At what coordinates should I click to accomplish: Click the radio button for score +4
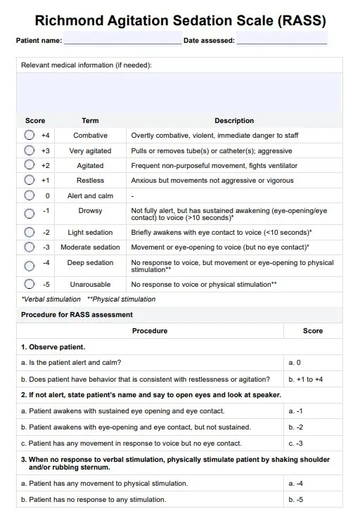tap(29, 135)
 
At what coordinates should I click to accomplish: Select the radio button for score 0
tap(29, 196)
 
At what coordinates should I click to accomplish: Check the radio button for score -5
tap(29, 285)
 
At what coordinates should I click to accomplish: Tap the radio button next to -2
tap(29, 232)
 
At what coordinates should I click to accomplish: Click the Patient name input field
tap(122, 40)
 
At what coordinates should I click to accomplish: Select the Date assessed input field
tap(282, 40)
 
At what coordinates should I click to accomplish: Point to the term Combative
tap(90, 136)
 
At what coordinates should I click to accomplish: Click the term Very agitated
tap(90, 151)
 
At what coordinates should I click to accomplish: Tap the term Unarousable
tap(90, 285)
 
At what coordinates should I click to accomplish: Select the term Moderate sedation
tap(90, 247)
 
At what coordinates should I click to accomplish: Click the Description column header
tap(234, 121)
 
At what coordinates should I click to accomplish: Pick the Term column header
tap(90, 121)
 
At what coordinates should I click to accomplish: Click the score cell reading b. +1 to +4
tap(306, 379)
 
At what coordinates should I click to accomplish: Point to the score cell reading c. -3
tap(296, 444)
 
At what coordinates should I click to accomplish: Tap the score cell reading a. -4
tap(296, 484)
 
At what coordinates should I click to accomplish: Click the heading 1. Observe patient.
tap(53, 347)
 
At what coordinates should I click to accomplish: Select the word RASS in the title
tap(302, 20)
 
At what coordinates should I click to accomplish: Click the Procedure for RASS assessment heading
tap(77, 315)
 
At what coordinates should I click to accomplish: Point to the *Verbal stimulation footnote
tap(51, 299)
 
